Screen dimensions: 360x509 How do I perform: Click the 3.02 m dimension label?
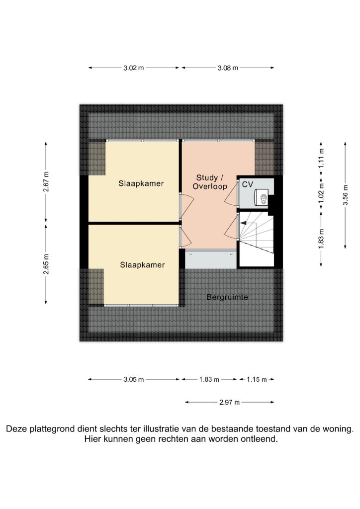pos(133,68)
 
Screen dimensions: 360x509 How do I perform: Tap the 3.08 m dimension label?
pos(228,68)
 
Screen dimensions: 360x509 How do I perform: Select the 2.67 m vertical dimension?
pos(46,182)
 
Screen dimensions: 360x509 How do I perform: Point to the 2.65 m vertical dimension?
pos(46,263)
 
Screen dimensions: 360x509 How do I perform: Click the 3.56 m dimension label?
pos(346,195)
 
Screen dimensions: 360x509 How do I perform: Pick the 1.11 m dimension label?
pos(321,158)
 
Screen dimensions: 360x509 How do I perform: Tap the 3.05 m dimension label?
pos(133,379)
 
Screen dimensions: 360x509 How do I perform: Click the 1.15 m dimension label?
pos(257,379)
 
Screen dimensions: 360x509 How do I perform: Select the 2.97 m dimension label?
pos(229,403)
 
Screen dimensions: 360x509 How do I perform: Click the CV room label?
pos(247,184)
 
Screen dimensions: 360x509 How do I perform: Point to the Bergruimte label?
pos(227,297)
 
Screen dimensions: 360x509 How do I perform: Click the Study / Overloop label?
pos(210,182)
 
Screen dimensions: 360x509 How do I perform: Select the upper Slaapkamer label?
pos(141,183)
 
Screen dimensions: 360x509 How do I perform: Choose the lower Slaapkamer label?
pos(142,265)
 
